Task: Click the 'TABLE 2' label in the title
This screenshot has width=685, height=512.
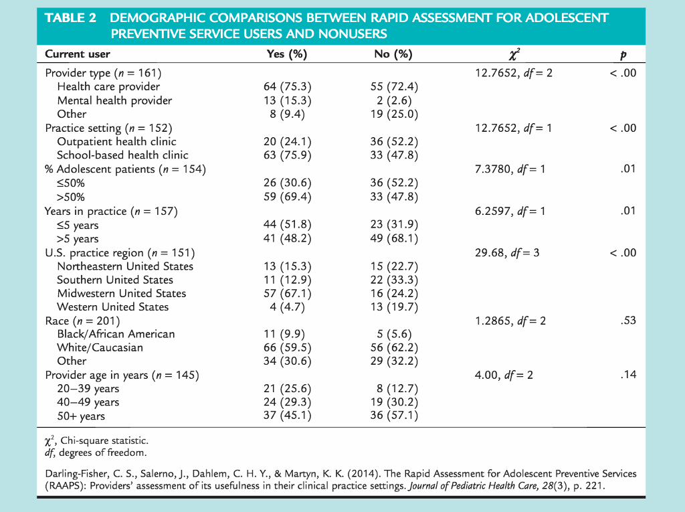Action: [70, 18]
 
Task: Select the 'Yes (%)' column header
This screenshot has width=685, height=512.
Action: [286, 54]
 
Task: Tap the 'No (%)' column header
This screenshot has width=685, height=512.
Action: [393, 54]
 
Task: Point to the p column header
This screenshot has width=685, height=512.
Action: [623, 55]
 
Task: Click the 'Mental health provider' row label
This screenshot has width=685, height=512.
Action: [114, 100]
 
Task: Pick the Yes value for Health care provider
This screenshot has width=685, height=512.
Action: [286, 86]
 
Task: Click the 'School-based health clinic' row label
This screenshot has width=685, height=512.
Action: [122, 155]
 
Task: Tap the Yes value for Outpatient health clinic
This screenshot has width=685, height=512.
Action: [286, 141]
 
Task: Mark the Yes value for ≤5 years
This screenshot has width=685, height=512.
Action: [286, 225]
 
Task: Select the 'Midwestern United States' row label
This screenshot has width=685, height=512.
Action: [122, 293]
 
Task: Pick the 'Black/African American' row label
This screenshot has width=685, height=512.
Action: [116, 334]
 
